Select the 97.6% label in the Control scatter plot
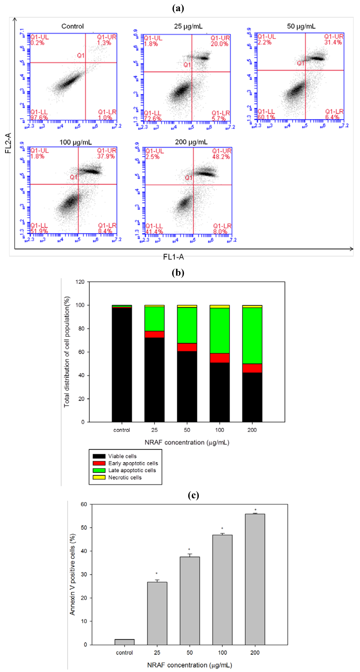pyautogui.click(x=39, y=118)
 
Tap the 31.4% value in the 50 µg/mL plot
pyautogui.click(x=333, y=42)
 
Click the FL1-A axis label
pyautogui.click(x=173, y=257)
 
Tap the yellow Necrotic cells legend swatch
pyautogui.click(x=99, y=477)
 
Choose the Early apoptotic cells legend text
pyautogui.click(x=133, y=463)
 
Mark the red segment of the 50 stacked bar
pyautogui.click(x=187, y=347)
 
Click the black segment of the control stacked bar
pyautogui.click(x=122, y=365)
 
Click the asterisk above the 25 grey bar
pyautogui.click(x=157, y=574)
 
